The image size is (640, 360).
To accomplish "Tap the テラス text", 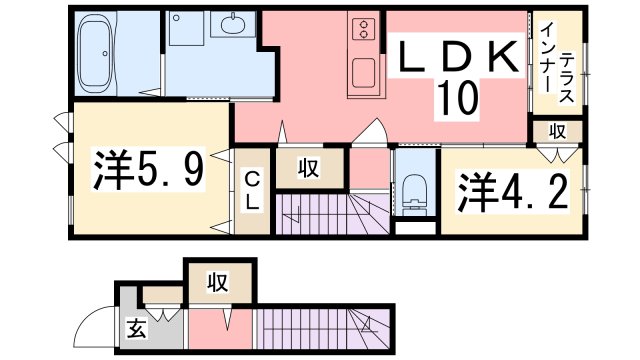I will pos(565,78).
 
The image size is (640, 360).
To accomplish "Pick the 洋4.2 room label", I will pos(513,191).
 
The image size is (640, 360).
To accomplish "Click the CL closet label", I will pos(253,190).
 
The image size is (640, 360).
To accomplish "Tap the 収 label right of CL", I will pos(311,169).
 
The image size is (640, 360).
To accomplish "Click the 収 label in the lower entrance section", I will pos(219,283).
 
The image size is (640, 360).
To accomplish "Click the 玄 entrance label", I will pos(138,328).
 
